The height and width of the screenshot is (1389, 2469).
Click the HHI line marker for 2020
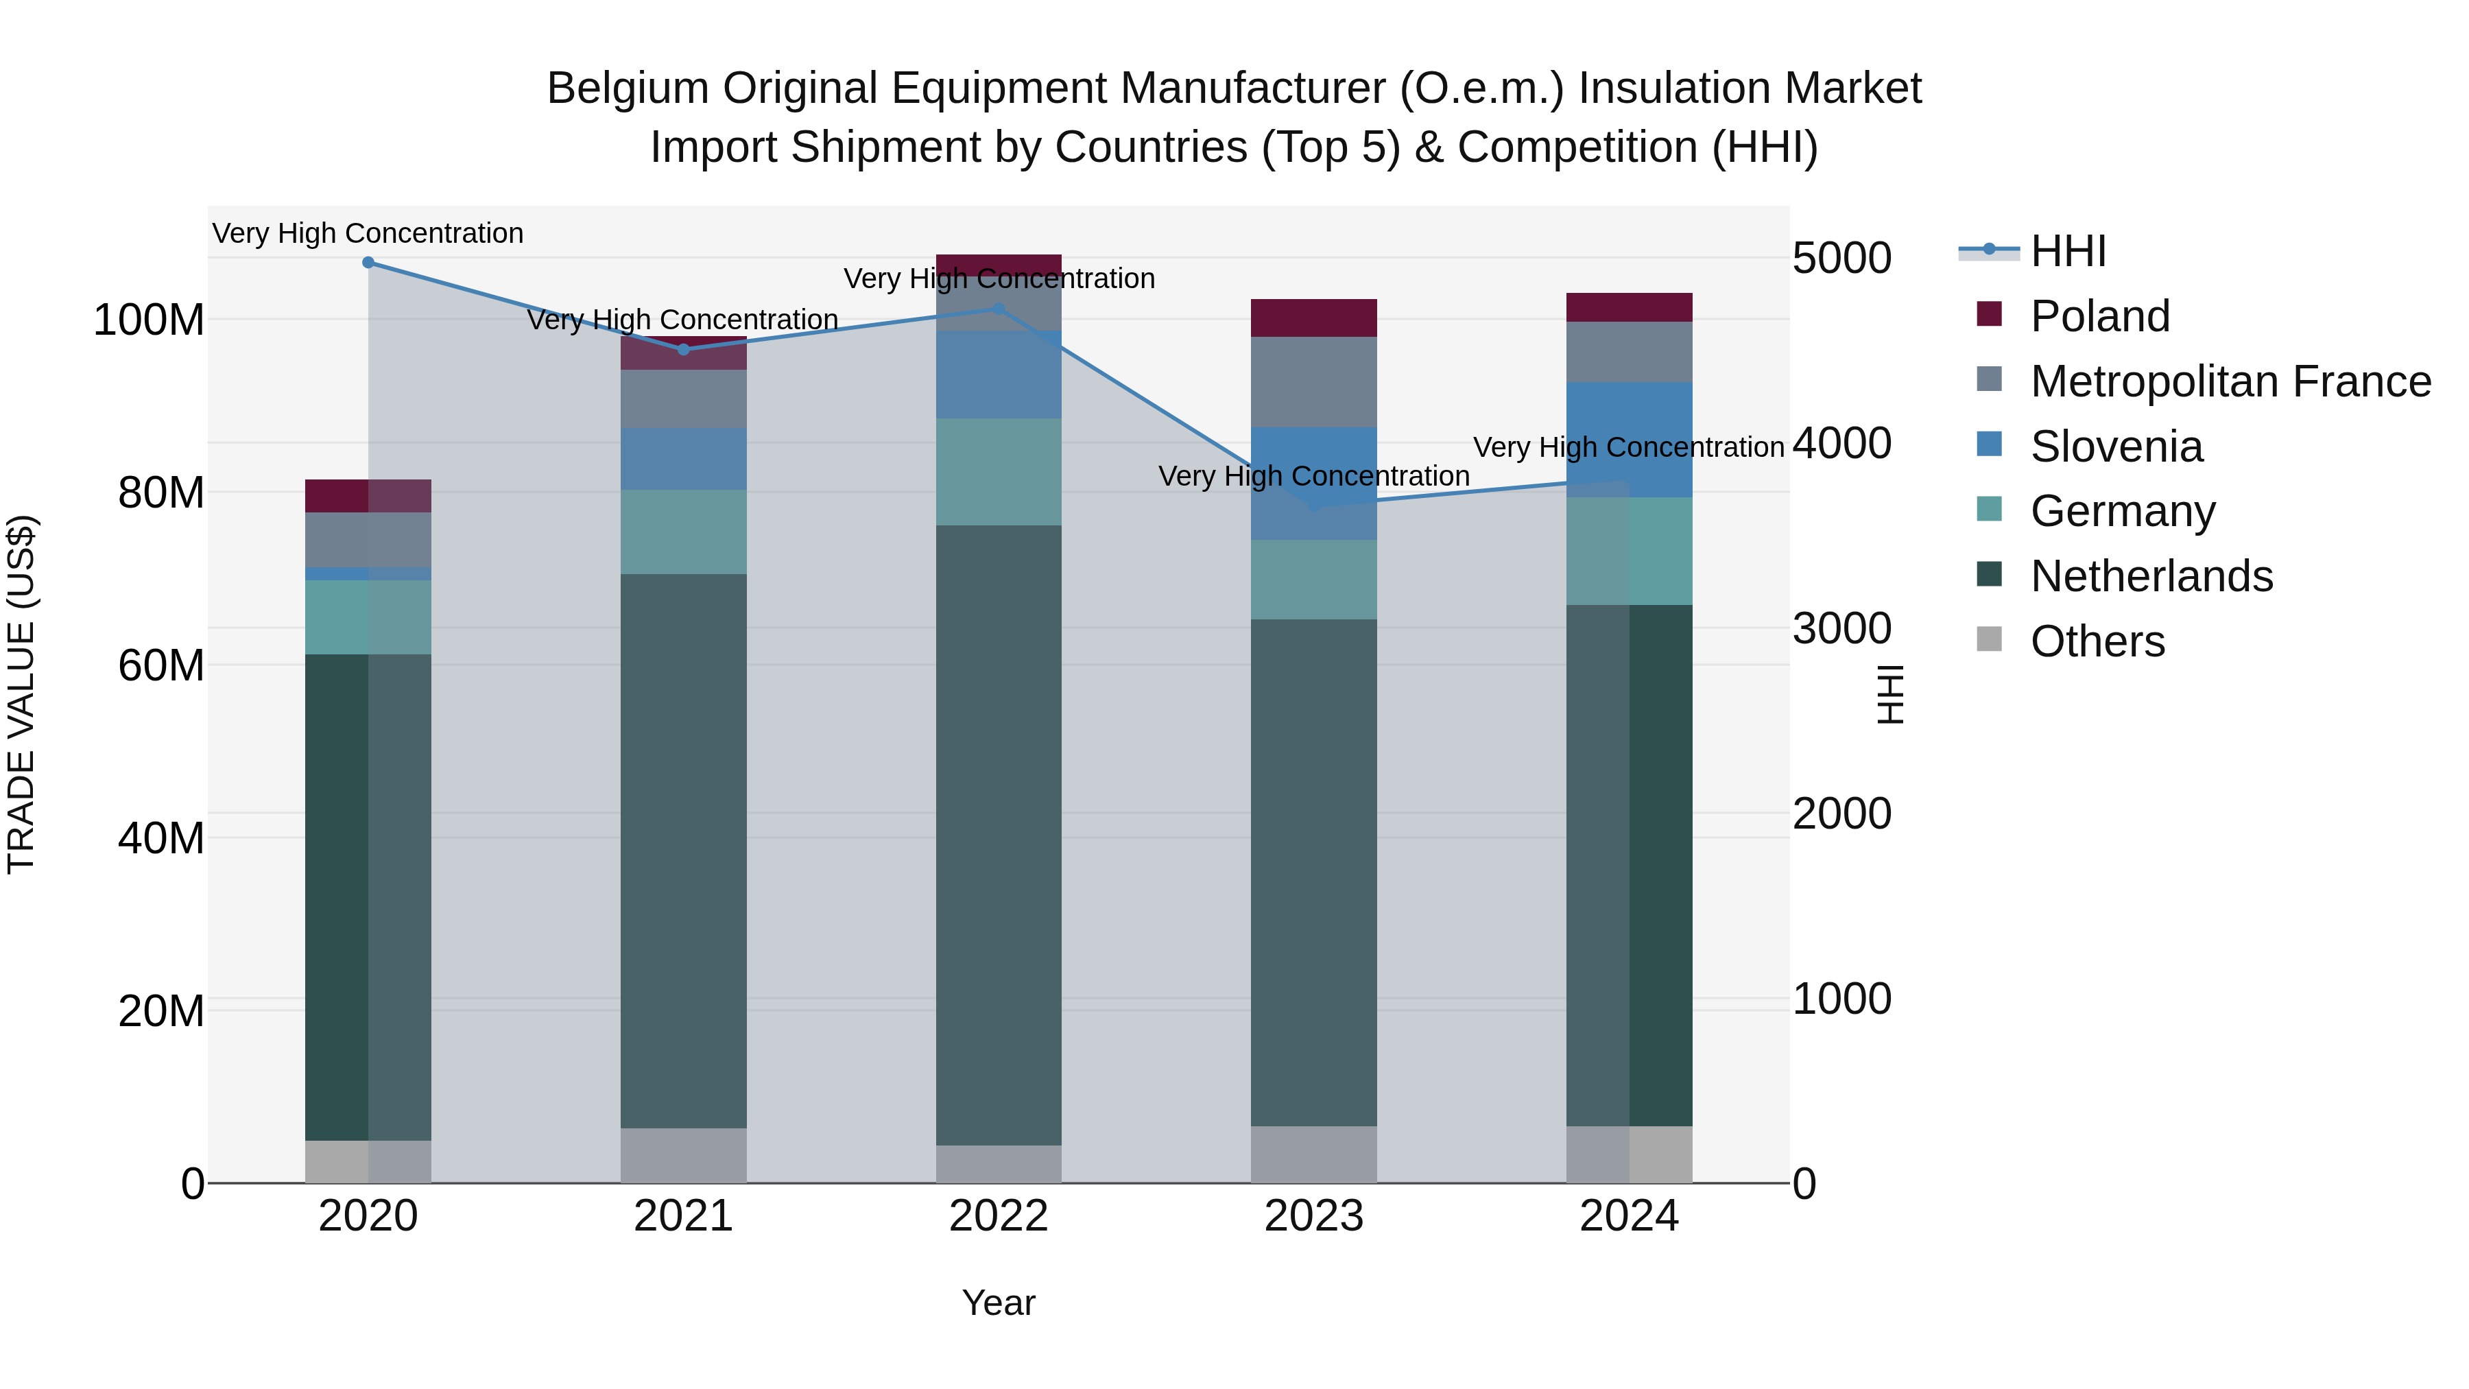tap(368, 263)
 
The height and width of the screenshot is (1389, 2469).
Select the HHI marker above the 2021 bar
tap(683, 350)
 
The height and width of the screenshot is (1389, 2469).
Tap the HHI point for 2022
tap(998, 309)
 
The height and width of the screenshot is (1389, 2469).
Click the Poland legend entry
tap(2099, 316)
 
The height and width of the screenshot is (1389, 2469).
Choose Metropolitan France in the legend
tap(2230, 381)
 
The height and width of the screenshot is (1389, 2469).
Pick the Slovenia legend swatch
tap(1989, 444)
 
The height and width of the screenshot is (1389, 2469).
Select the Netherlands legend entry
tap(2151, 576)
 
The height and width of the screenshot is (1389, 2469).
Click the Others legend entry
tap(2097, 641)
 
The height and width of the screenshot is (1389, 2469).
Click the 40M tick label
tap(161, 838)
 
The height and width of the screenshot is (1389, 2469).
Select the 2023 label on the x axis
tap(1313, 1216)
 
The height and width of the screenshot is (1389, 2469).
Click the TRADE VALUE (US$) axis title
tap(21, 694)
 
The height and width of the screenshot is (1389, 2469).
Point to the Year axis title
tap(998, 1303)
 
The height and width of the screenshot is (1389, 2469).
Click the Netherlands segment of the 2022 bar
tap(998, 834)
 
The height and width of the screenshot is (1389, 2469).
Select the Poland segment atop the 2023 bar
tap(1313, 318)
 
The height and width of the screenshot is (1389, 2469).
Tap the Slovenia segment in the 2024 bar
tap(1630, 439)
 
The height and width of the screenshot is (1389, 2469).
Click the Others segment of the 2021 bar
tap(683, 1155)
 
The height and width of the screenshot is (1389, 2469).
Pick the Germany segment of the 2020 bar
tap(368, 617)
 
